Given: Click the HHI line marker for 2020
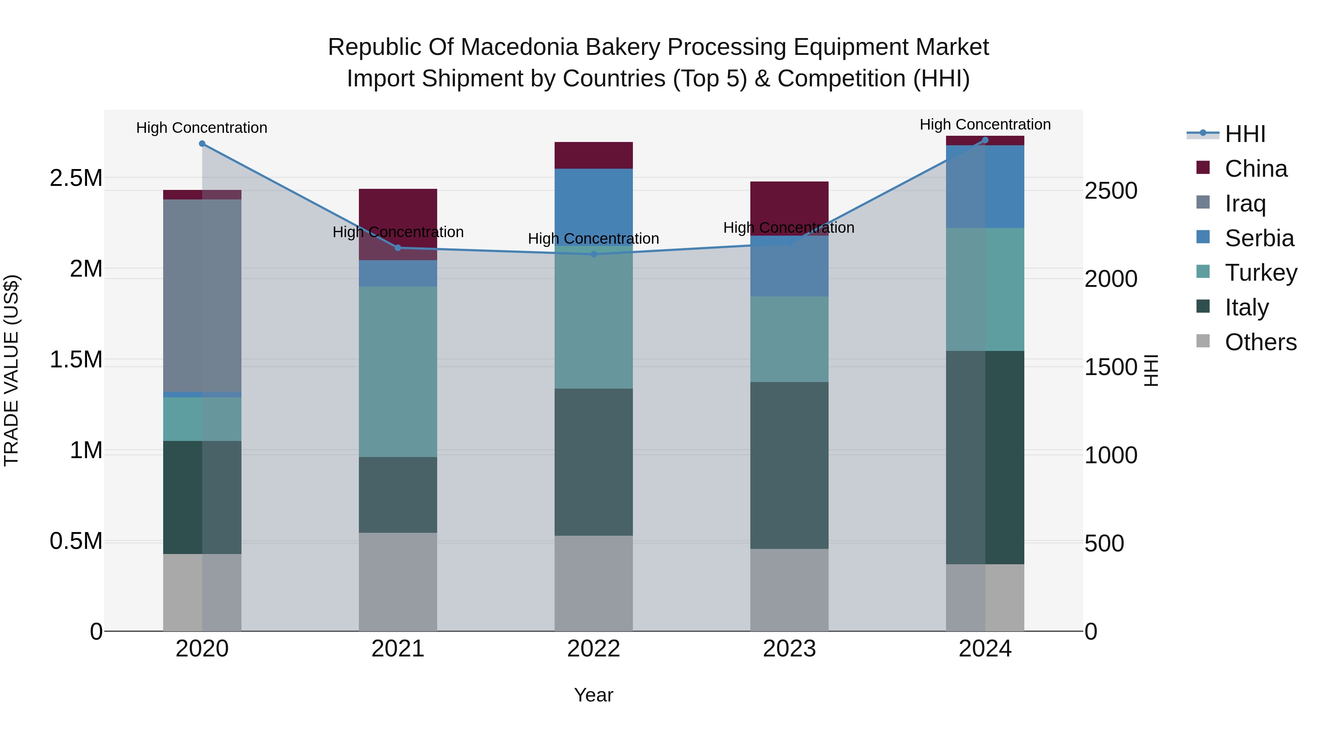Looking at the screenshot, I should (x=202, y=144).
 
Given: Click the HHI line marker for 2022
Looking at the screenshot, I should (x=594, y=254).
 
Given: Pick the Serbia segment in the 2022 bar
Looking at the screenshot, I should (x=594, y=207).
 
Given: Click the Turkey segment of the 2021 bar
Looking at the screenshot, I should (x=398, y=371).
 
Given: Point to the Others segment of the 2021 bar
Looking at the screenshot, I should (x=398, y=581).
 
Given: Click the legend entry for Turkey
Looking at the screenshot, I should (x=1260, y=273).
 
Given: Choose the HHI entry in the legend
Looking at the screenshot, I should (x=1245, y=134).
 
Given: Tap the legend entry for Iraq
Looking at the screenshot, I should (x=1245, y=203).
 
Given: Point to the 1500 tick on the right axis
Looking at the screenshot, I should (x=1110, y=367).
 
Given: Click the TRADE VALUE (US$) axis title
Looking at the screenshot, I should (x=11, y=370).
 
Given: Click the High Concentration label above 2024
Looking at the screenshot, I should (x=985, y=124).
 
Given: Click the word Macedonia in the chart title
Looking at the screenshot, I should (x=518, y=47).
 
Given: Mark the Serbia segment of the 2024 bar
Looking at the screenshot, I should (x=985, y=186).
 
